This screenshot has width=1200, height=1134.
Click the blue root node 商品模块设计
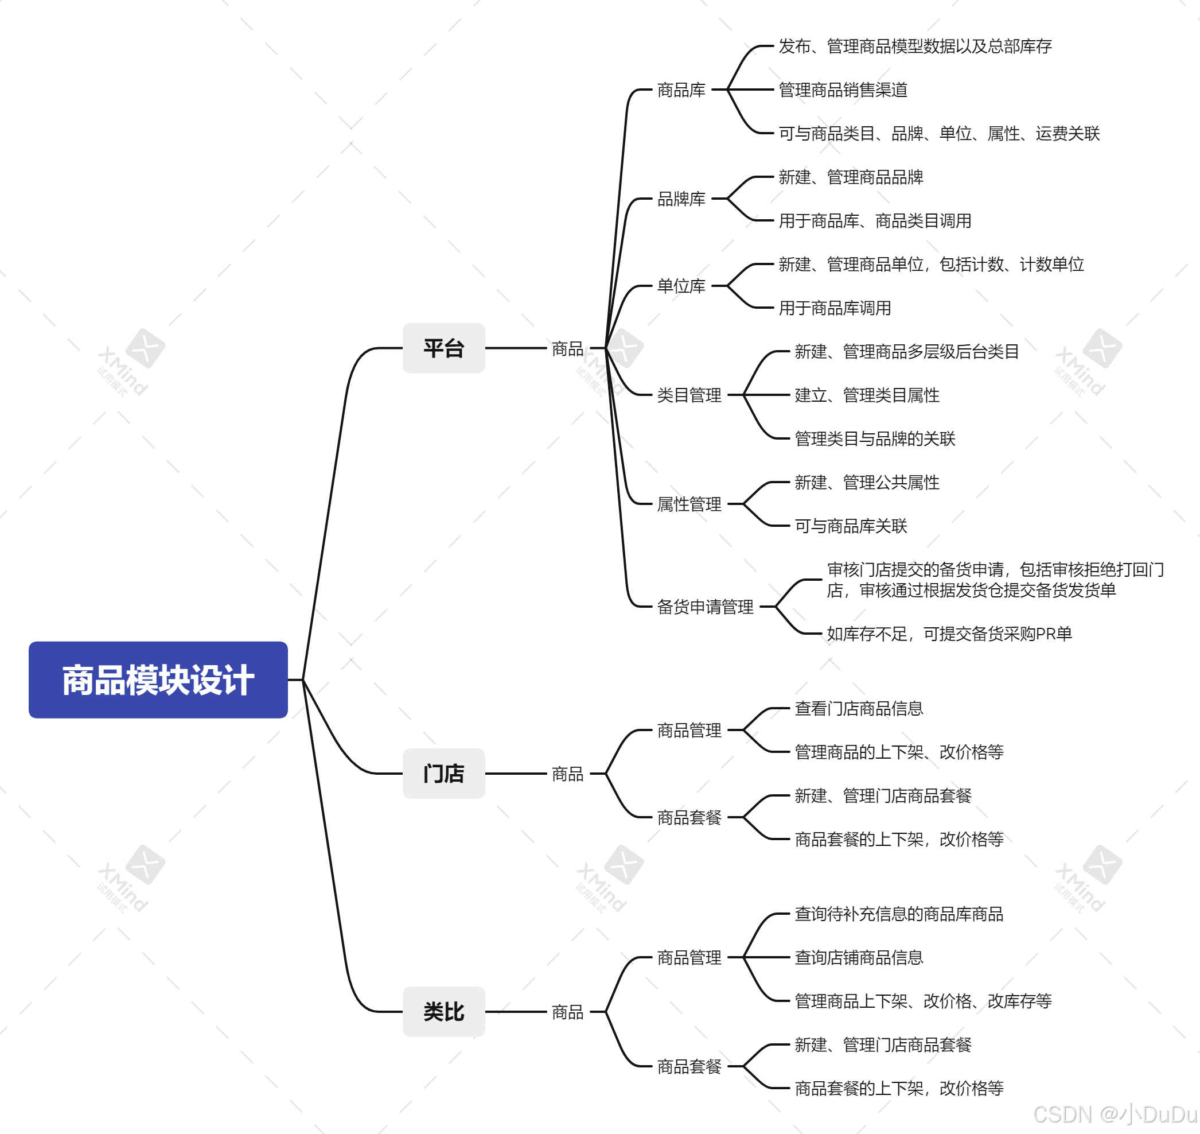tap(158, 679)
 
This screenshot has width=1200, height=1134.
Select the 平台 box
tap(443, 348)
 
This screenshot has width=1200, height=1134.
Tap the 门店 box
tap(443, 773)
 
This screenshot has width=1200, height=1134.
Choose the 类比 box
tap(443, 1011)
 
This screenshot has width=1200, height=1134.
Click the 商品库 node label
tap(681, 90)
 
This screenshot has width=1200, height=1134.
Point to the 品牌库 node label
tap(681, 199)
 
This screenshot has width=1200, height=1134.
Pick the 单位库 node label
tap(681, 286)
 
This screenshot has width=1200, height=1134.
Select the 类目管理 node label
tap(689, 395)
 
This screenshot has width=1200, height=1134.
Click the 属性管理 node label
tap(689, 504)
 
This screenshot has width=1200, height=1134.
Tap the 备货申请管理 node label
tap(705, 607)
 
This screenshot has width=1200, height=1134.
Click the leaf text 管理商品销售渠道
tap(842, 90)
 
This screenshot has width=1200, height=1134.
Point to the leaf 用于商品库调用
tap(835, 308)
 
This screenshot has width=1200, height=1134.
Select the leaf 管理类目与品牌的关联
tap(874, 439)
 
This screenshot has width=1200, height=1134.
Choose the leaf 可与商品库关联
tap(850, 526)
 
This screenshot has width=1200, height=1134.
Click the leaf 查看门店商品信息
tap(858, 708)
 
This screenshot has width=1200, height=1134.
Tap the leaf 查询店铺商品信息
tap(858, 957)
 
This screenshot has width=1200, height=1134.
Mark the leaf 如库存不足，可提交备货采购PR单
tap(949, 634)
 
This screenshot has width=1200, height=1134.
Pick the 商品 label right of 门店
tap(567, 774)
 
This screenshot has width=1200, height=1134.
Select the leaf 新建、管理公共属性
tap(867, 483)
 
